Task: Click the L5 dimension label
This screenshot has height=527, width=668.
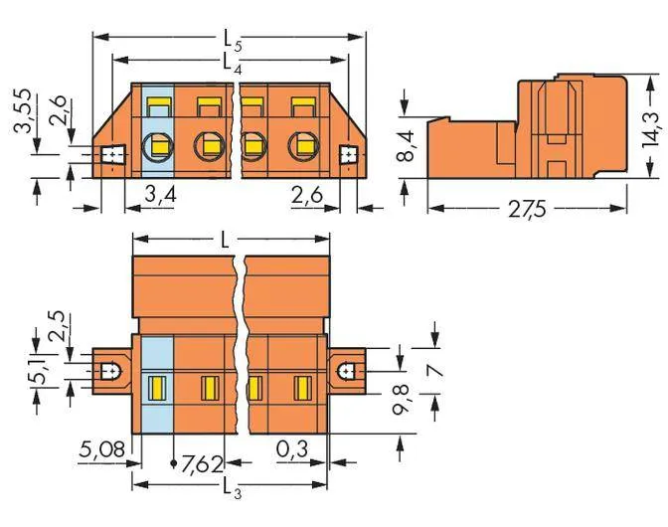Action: coord(233,42)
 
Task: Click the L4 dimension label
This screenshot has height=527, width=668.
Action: coord(233,64)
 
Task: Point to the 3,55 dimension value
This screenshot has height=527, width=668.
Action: coord(22,110)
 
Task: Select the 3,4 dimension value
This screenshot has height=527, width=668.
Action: coord(160,195)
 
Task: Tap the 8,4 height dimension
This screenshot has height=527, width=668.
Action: coord(406,146)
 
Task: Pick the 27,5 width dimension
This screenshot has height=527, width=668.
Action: coord(527,209)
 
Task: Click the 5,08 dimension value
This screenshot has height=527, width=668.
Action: coord(102,449)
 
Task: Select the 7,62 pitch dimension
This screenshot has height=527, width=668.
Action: coord(202,464)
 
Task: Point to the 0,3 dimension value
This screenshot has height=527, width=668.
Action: coord(292,449)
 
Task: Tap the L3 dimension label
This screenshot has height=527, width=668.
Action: coord(233,488)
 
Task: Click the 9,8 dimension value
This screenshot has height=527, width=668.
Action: coord(401,399)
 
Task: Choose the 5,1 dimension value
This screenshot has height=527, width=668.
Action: coord(41,372)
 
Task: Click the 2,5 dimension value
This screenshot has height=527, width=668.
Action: coord(58,326)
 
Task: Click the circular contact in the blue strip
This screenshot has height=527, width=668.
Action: coord(158,147)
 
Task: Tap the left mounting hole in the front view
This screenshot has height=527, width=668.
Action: coord(113,155)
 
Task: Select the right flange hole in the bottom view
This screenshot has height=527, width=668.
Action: coord(348,372)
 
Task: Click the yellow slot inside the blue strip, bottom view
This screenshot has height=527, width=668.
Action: coord(156,388)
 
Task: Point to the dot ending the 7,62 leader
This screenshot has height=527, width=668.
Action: coord(173,462)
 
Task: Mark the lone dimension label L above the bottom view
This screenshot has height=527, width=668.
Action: coord(224,242)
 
